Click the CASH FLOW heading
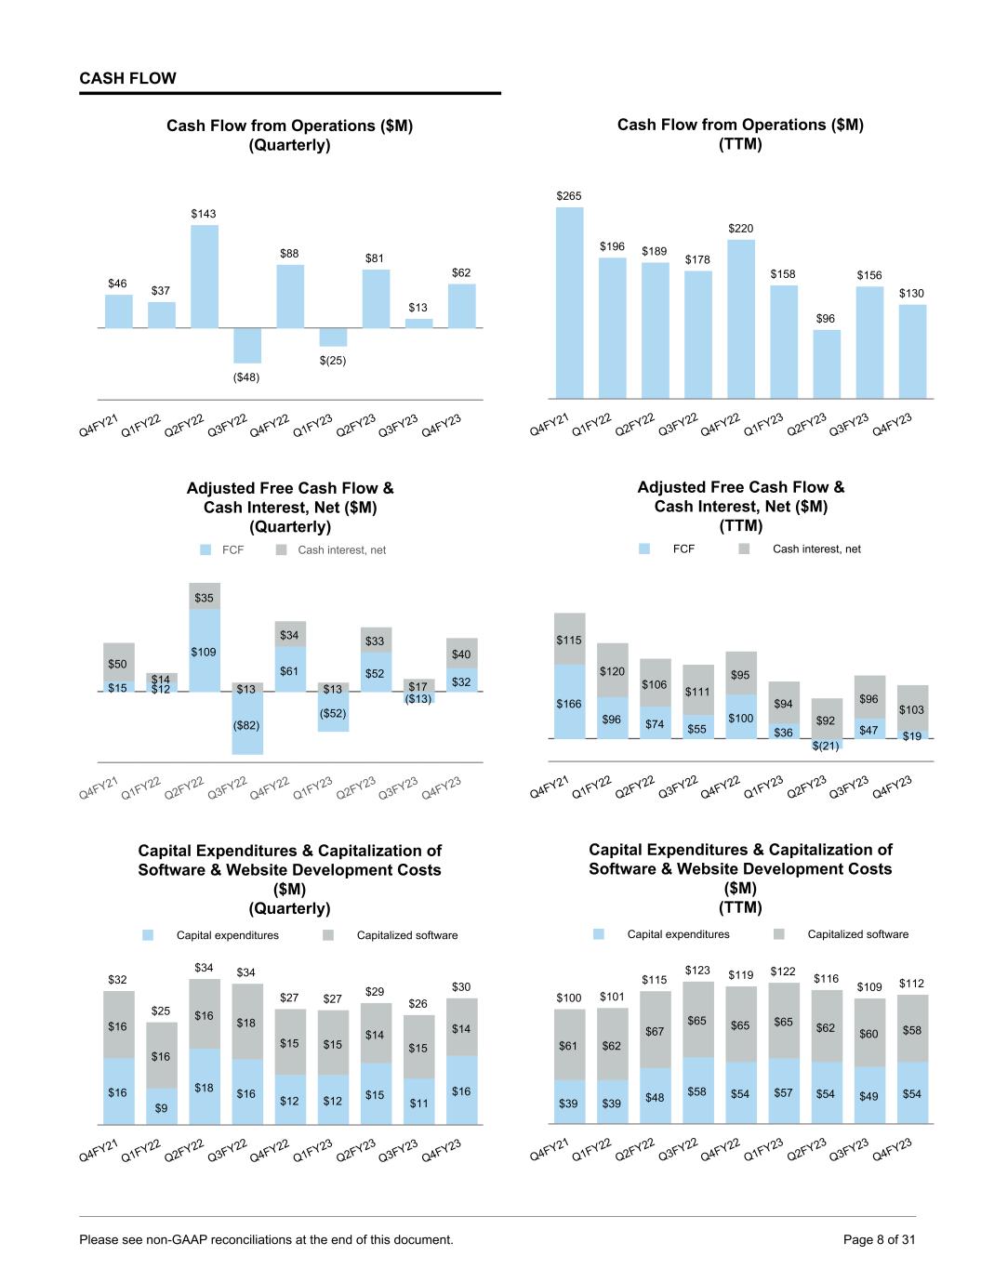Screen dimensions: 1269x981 click(127, 78)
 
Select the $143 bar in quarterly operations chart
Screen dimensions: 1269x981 click(205, 276)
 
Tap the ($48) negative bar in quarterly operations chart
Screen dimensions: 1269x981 click(247, 345)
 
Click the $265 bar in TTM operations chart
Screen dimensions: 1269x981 click(569, 302)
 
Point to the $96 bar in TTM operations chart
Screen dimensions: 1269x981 click(826, 364)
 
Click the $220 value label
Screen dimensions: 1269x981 click(741, 228)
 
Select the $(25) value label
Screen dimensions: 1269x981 click(333, 360)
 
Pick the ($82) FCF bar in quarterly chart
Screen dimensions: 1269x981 click(247, 723)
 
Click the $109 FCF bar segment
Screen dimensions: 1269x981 click(205, 651)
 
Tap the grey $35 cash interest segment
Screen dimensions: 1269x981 click(205, 597)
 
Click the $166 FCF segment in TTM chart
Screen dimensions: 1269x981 click(569, 703)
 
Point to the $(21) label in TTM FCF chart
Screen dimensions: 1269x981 click(826, 746)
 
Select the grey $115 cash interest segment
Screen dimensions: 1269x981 click(569, 639)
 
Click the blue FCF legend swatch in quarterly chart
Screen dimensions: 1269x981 click(206, 550)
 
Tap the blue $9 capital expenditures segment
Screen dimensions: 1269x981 click(162, 1106)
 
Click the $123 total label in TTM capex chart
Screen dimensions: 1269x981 click(697, 970)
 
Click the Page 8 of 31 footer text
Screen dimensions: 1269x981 click(879, 1239)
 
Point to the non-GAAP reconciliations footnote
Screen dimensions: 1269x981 click(266, 1239)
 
